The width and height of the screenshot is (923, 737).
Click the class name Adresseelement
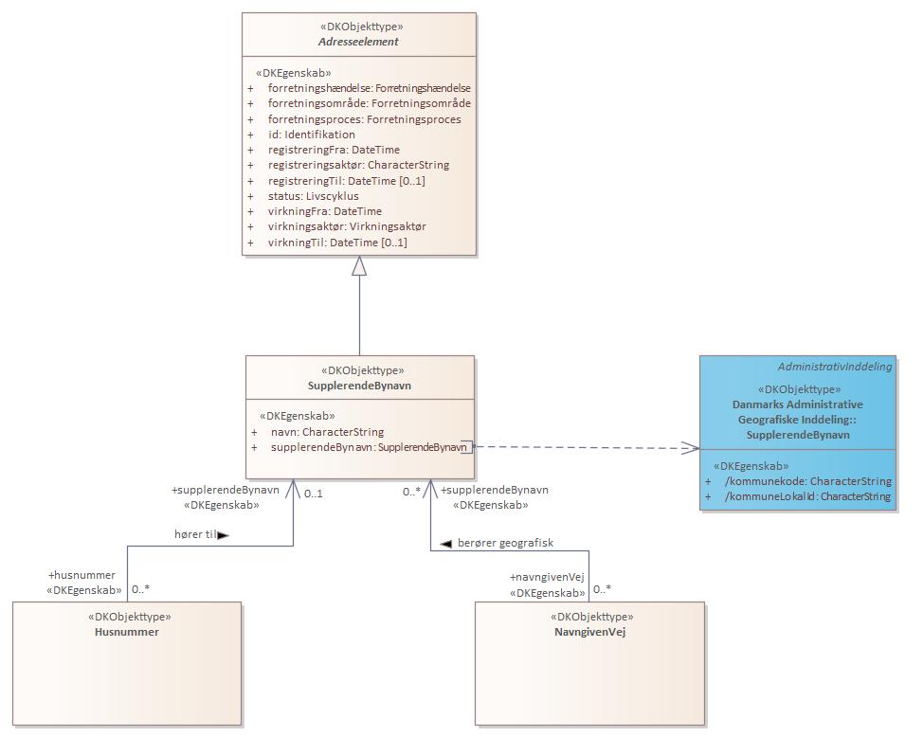tap(358, 43)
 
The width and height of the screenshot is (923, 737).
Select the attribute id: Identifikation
tap(311, 135)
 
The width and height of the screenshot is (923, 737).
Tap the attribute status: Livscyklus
tap(313, 196)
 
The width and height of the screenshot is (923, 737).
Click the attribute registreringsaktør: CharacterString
tap(358, 165)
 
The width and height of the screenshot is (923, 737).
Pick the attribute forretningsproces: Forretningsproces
tap(364, 119)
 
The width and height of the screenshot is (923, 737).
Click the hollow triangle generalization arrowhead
tap(358, 266)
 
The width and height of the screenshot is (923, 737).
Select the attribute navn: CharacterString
tap(327, 431)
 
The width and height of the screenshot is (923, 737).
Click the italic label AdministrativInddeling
tap(834, 367)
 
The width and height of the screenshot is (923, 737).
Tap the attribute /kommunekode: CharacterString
tap(807, 481)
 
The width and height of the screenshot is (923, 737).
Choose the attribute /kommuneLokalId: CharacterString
tap(807, 496)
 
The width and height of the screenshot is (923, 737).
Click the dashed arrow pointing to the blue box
tap(588, 447)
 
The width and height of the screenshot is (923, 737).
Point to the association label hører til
tap(196, 534)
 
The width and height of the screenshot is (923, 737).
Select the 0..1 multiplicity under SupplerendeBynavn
tap(314, 493)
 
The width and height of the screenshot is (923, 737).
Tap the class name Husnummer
tap(126, 632)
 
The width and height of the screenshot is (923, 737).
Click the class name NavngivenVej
tap(589, 632)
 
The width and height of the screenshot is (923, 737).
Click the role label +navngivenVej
tap(547, 577)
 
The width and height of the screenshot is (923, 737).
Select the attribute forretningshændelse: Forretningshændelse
tap(369, 88)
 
